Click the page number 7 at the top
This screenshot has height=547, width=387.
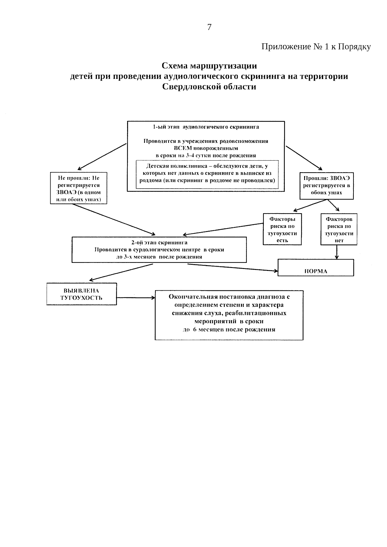click(209, 27)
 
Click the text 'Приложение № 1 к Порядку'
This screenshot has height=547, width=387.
click(316, 47)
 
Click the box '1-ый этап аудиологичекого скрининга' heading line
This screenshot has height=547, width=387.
click(206, 127)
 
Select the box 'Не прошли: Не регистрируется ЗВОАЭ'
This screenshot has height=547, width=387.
click(79, 188)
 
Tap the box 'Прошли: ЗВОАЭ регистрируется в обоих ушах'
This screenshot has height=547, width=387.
click(326, 186)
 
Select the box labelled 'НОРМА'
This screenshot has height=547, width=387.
click(316, 268)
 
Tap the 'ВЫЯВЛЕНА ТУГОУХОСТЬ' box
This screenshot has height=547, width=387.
click(82, 294)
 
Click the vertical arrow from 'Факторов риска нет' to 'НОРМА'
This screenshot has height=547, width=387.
click(337, 252)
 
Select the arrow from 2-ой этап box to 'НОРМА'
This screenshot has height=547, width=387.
click(232, 268)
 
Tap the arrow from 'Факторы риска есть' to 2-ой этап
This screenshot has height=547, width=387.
click(223, 229)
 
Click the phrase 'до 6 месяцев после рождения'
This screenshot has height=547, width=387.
click(229, 330)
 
